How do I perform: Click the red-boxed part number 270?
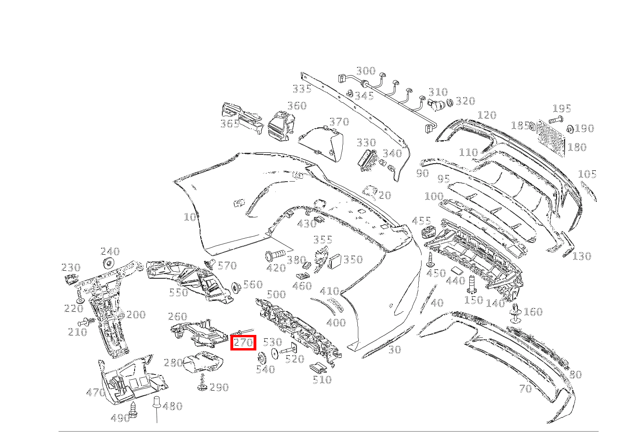coord(243,343)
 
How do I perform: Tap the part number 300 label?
coord(366,71)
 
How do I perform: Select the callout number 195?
coord(561,109)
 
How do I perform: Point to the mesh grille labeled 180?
coord(551,137)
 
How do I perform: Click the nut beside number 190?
coord(570,128)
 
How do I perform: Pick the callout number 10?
coord(190,217)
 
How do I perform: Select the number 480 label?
coord(172,406)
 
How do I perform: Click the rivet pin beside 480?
coord(157,405)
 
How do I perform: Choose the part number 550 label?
coord(178,292)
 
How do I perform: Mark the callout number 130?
coord(582,256)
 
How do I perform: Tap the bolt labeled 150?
coord(471,285)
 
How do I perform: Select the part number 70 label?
coord(525,389)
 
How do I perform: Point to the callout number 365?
coord(230,124)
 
